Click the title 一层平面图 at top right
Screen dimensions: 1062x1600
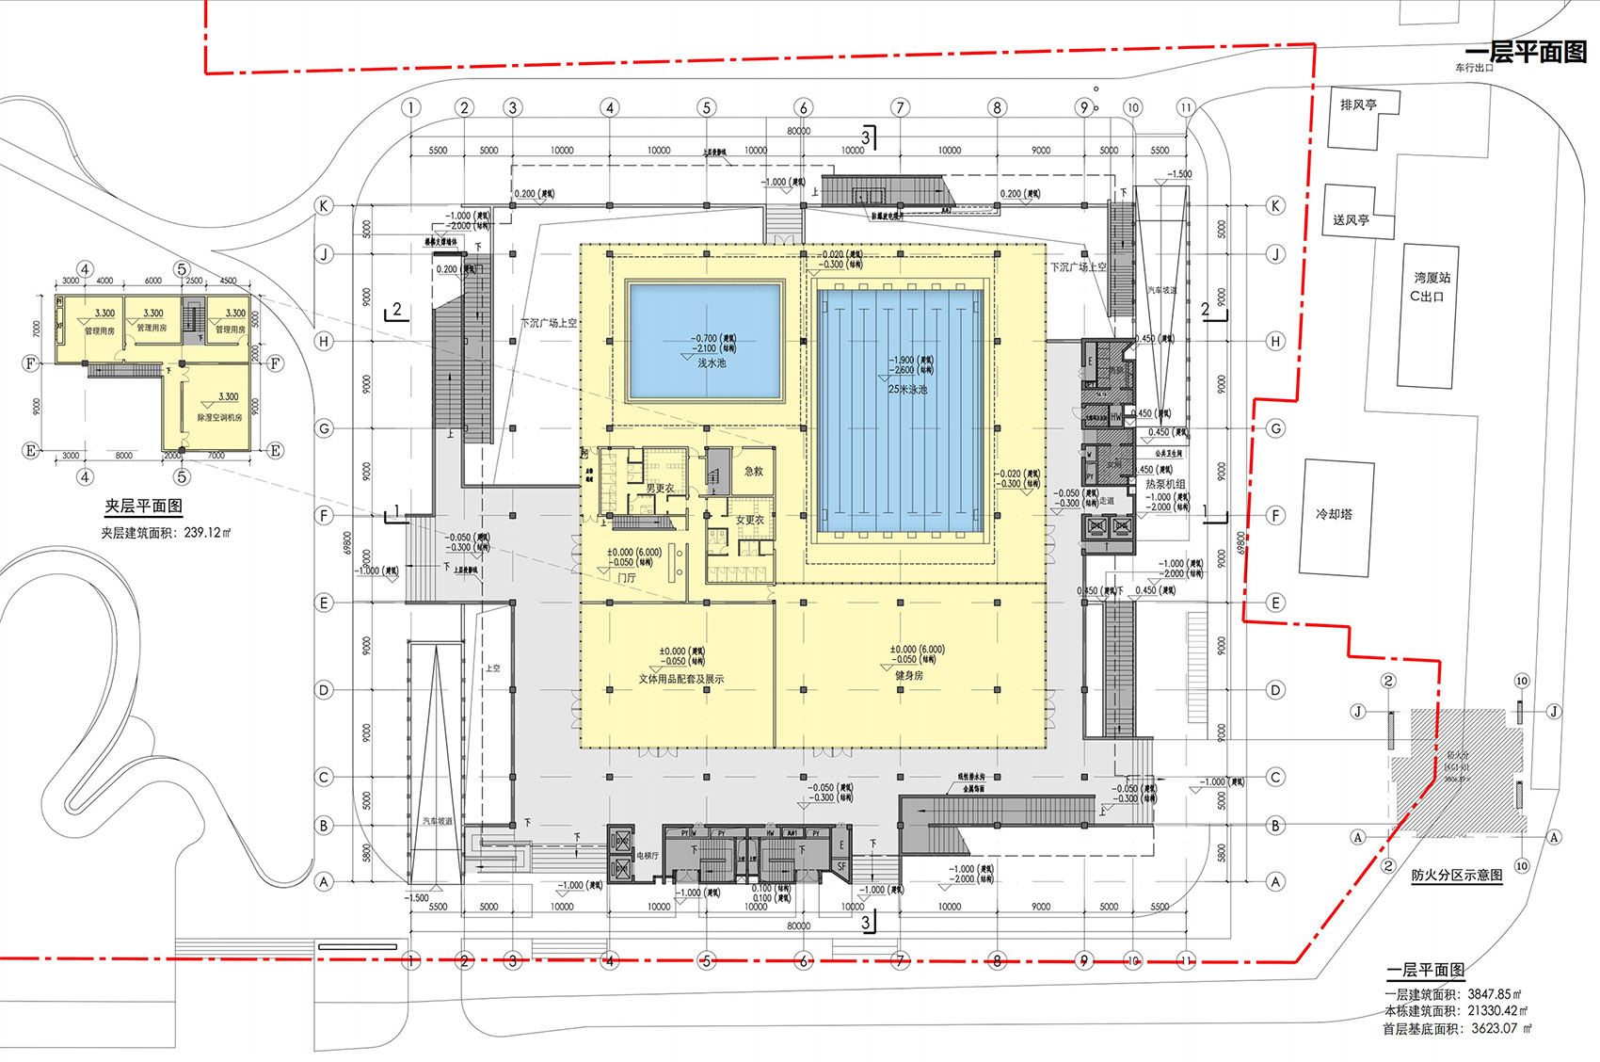point(1526,53)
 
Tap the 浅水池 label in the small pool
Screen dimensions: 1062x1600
point(712,363)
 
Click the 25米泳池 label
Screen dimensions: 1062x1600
point(907,389)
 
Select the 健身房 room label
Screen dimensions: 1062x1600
point(908,675)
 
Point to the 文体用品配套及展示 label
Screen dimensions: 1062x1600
point(680,679)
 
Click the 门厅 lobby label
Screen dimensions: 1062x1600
point(627,577)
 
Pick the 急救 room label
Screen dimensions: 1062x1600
point(753,471)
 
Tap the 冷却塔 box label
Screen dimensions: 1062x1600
point(1334,514)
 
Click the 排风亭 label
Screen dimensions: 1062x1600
point(1358,105)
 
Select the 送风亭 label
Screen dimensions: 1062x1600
point(1351,219)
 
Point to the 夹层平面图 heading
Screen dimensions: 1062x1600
point(143,507)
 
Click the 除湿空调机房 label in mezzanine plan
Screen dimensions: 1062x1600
point(219,417)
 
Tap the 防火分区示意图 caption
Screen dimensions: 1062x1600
point(1456,875)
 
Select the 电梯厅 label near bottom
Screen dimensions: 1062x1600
point(648,856)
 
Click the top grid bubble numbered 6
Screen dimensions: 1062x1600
point(803,107)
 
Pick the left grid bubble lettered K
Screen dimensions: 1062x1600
point(324,205)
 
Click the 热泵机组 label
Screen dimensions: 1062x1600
point(1165,484)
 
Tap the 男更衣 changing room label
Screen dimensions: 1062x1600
point(660,489)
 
